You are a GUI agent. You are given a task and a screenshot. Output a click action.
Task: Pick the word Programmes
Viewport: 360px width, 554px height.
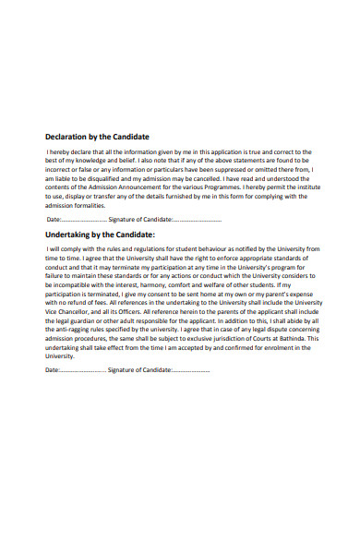click(x=237, y=187)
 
